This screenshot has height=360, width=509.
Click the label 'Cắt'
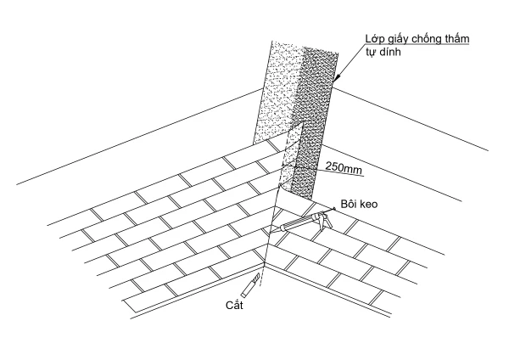235,304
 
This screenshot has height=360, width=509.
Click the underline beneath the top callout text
416,46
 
